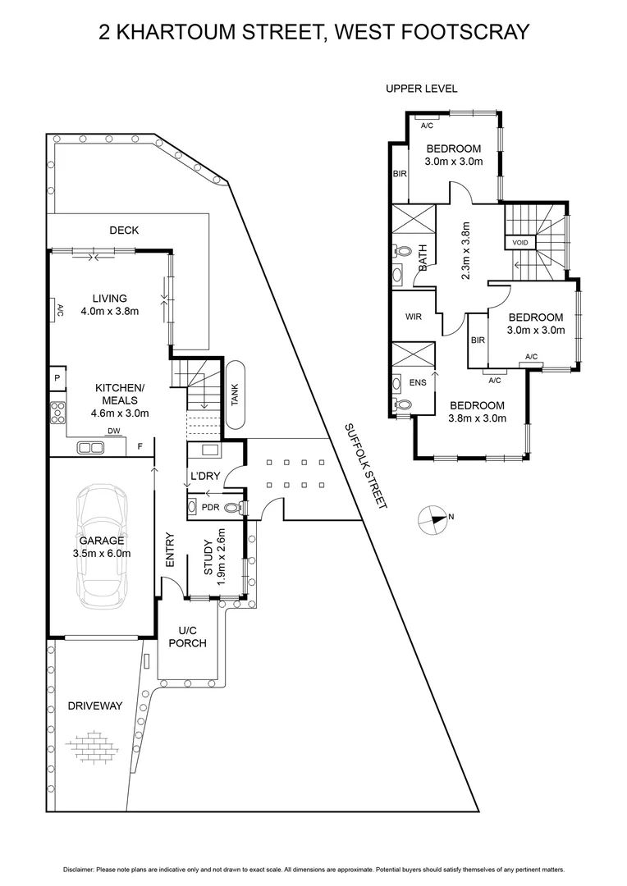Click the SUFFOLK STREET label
click(364, 466)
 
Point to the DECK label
click(124, 231)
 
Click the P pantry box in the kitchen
click(57, 378)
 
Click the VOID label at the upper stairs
click(520, 242)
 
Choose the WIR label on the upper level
click(413, 317)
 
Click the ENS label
click(418, 382)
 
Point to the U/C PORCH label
click(187, 637)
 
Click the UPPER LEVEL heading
click(422, 89)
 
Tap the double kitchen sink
click(90, 448)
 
